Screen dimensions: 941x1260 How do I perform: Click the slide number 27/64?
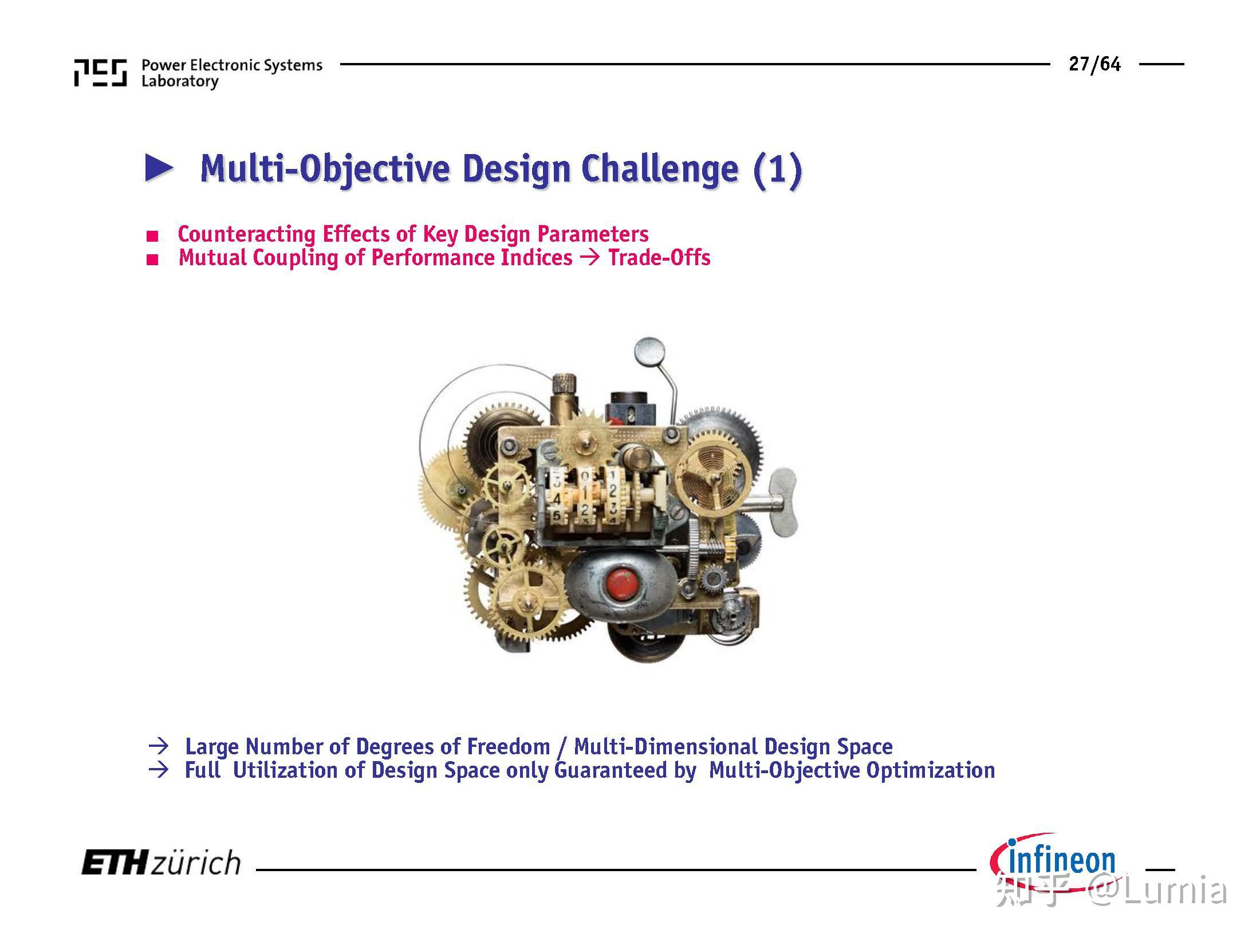(x=1094, y=64)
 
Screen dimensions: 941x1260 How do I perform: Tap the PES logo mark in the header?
(x=100, y=73)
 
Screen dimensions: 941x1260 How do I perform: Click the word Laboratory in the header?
(x=180, y=82)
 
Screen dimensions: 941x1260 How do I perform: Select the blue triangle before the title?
(x=159, y=168)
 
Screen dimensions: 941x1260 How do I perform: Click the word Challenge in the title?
(x=659, y=169)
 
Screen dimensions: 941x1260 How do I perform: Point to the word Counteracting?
(x=246, y=234)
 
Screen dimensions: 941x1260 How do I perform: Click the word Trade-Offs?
(x=659, y=258)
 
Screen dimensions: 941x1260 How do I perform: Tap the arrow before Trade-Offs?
(x=589, y=257)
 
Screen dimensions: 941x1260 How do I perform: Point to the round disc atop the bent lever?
(x=649, y=351)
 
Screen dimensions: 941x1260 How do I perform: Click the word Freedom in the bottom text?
(x=508, y=746)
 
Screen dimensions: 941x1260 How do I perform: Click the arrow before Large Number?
(x=158, y=746)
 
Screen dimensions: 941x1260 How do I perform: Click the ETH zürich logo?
(x=161, y=863)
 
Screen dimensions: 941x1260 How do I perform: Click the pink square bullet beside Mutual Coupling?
(x=152, y=260)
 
